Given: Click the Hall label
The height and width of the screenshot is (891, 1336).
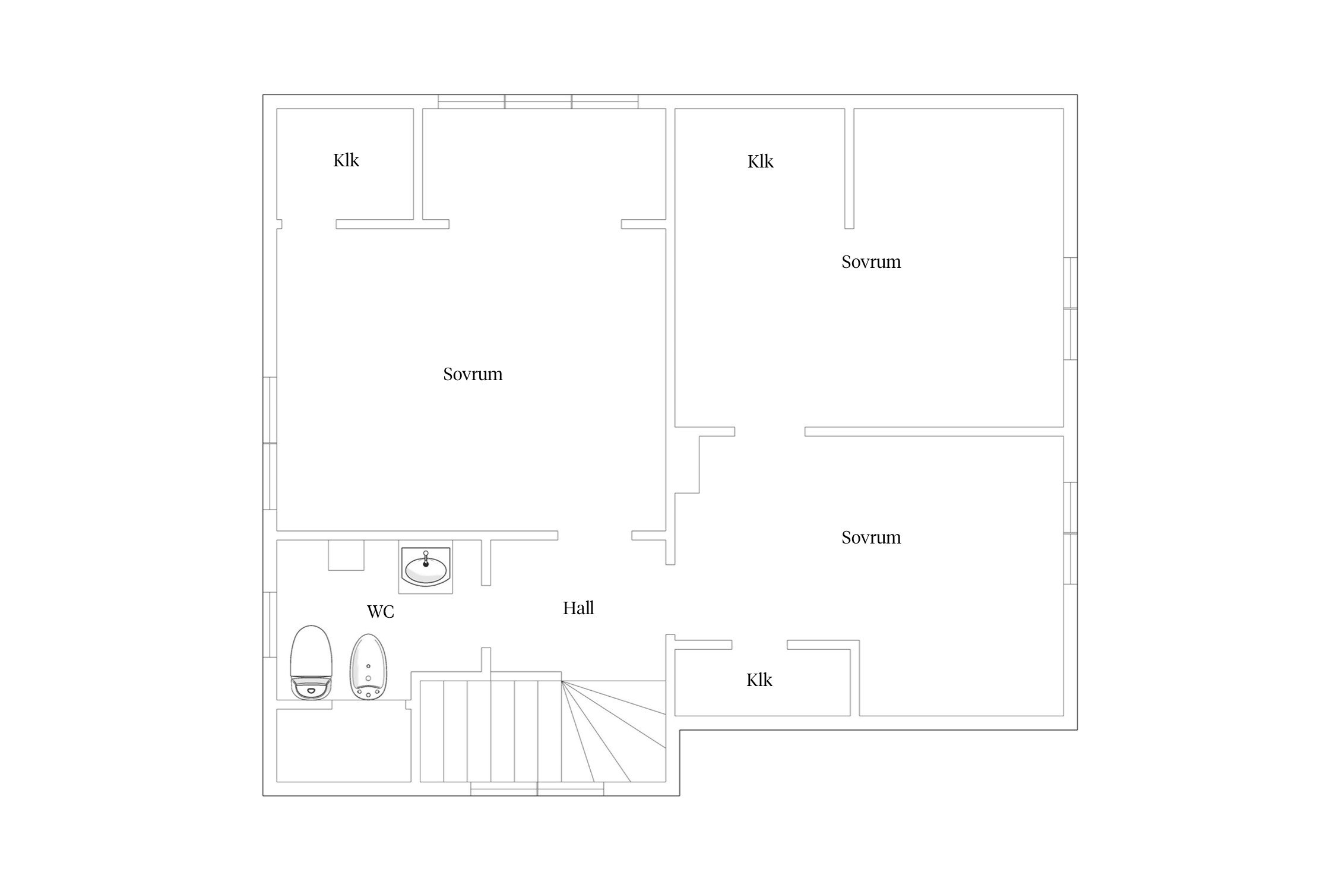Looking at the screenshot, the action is click(578, 608).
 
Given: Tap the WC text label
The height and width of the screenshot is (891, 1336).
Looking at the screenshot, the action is click(381, 611).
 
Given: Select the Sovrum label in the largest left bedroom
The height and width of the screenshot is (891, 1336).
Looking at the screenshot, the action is click(473, 374).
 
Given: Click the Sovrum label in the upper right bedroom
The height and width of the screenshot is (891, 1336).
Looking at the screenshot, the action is click(871, 261).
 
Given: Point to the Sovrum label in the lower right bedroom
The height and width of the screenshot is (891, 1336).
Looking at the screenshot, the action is click(871, 537).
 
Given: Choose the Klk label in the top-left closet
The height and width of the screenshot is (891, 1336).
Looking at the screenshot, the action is click(346, 160).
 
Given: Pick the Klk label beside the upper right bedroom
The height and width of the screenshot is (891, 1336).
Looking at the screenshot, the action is click(761, 161).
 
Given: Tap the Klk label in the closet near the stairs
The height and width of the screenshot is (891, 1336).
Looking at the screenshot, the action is click(759, 680).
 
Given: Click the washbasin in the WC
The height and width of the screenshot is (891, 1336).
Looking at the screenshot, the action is click(426, 568).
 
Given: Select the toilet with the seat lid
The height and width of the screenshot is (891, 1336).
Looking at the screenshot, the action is click(311, 662).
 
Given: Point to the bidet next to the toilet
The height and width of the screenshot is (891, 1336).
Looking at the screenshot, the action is click(368, 666).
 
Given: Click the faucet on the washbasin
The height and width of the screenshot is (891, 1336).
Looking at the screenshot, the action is click(426, 559).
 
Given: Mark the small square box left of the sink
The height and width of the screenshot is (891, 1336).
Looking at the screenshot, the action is click(346, 555).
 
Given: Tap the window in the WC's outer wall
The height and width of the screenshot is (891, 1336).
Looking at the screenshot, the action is click(270, 624).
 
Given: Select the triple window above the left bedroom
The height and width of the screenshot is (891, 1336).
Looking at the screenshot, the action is click(538, 102).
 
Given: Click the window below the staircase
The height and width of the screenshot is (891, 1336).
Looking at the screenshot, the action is click(537, 789).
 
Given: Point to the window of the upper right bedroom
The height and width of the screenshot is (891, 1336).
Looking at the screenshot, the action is click(1070, 308).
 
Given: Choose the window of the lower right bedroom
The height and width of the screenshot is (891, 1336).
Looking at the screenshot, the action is click(1070, 533).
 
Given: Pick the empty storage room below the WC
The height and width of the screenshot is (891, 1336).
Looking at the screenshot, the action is click(344, 745).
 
